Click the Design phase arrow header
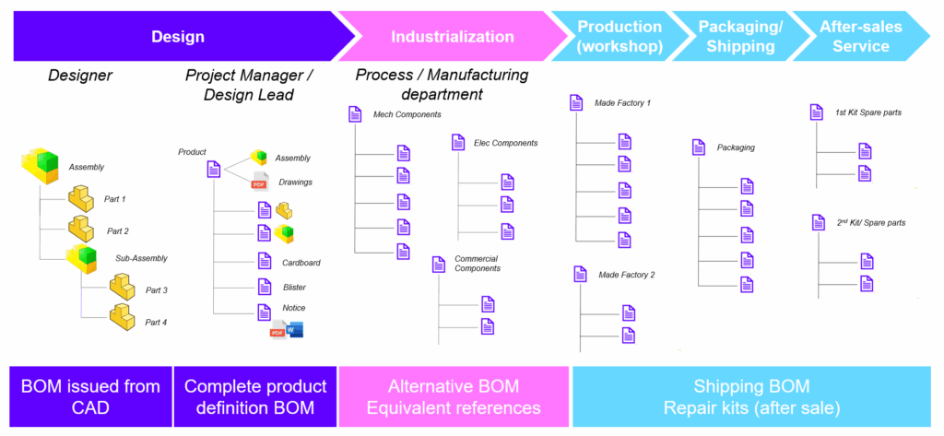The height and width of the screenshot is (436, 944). coord(178,37)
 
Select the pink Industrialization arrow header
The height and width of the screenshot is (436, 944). coord(452,37)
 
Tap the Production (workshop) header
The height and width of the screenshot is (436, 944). coord(619,37)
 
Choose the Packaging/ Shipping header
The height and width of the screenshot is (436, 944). coord(740,37)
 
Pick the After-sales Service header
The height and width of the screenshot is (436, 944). coord(854,37)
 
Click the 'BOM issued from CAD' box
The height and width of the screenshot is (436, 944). coord(90,396)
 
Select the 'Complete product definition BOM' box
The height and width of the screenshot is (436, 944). coord(254,396)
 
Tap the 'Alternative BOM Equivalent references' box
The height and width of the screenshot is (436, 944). coord(453,396)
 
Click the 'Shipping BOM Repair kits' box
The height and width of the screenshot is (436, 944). coord(751,396)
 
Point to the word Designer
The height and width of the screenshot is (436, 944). coord(80,76)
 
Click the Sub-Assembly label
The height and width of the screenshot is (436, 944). coord(141,259)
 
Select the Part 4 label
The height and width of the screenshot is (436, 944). coord(156,322)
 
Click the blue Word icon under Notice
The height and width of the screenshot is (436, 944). coord(295,329)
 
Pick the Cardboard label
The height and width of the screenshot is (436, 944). coord(301,263)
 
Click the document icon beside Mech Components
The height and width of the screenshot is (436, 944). coord(355,114)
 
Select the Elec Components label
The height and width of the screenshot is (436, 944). coord(505,143)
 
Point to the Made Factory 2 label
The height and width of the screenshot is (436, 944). coord(626,275)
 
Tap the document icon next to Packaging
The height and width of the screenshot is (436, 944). coord(698,147)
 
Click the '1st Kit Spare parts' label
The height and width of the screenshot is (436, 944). coord(867,112)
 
